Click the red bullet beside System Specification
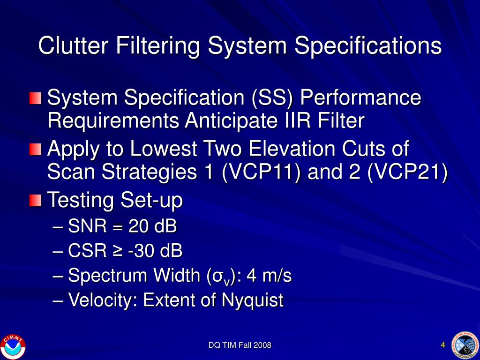[x=35, y=98]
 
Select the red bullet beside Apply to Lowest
[x=35, y=150]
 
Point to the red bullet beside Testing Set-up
[x=35, y=201]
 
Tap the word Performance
[x=360, y=98]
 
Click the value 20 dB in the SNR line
[x=153, y=227]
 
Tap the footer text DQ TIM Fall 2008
[x=240, y=345]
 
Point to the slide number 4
[x=443, y=345]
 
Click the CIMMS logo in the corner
[x=13, y=346]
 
